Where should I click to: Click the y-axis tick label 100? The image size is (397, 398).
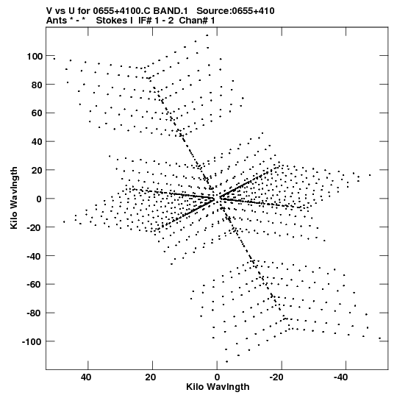click(x=35, y=56)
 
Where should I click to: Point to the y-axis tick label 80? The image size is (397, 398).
click(x=37, y=85)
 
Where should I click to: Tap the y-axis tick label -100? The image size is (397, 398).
click(x=32, y=342)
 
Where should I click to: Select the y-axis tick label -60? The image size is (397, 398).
click(x=35, y=285)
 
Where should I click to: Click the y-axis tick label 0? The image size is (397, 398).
click(x=39, y=199)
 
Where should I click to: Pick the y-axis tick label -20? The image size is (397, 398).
click(x=35, y=227)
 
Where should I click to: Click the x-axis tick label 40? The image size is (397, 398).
click(x=86, y=377)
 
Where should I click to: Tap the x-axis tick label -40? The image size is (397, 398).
click(x=340, y=377)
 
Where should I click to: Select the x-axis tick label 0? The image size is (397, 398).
click(x=217, y=377)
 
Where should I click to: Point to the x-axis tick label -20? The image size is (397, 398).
click(x=276, y=377)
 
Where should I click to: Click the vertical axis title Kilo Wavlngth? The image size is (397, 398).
click(x=14, y=198)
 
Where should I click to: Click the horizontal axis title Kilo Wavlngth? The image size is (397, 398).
click(x=218, y=387)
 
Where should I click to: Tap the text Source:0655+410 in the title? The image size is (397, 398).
click(x=235, y=11)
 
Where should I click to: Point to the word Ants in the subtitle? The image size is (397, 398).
click(x=56, y=21)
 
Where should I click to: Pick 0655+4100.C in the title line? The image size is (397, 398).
click(x=122, y=11)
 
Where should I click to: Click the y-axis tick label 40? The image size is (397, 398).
click(x=37, y=142)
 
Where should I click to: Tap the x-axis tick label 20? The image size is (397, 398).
click(x=151, y=377)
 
